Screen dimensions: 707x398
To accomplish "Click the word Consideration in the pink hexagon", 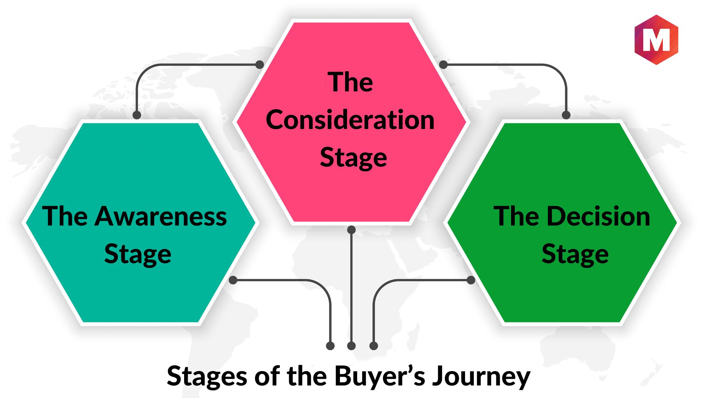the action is pos(350,120).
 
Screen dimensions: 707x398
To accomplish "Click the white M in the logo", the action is pos(656,40).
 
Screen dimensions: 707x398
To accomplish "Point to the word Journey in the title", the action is pos(481,377).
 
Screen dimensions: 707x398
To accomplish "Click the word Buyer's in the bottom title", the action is pos(380,376).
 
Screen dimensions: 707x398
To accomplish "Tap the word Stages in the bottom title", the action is pos(207,377).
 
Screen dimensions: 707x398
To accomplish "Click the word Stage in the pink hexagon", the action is pos(353,158).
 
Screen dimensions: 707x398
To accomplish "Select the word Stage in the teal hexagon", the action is pos(138,254).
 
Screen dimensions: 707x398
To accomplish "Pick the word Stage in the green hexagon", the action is pos(575,254).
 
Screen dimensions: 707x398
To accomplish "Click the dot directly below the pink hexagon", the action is pos(352,230).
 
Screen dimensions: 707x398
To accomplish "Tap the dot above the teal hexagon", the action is pos(137,115).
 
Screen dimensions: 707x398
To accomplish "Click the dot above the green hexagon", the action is pos(566,115).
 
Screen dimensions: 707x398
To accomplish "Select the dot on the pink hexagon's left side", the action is pos(260,64).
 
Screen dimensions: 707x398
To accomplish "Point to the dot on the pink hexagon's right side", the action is pos(443,64).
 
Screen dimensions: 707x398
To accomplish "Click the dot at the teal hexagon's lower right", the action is pos(233,280).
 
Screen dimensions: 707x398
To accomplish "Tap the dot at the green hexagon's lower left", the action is pos(471,280).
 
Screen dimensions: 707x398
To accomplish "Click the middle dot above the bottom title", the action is pos(352,346).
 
